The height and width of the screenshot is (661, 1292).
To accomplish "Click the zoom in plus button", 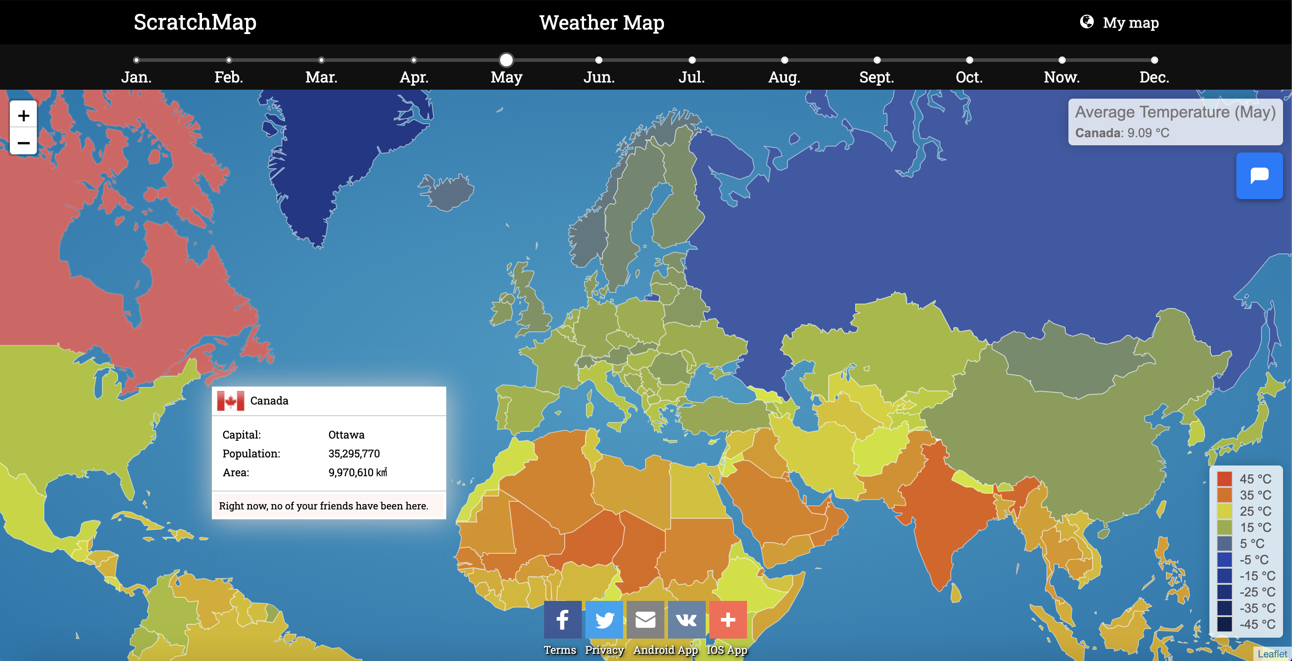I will (23, 116).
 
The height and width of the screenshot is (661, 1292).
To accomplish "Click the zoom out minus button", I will (23, 143).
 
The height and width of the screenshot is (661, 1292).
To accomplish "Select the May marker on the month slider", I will (506, 60).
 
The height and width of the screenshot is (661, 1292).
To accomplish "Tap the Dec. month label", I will (1154, 77).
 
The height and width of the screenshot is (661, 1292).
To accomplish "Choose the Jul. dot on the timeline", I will (692, 60).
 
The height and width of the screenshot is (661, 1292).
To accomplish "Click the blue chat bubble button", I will (1259, 176).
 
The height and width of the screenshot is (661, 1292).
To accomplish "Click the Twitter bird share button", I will (604, 619).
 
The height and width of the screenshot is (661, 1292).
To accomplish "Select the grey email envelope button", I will (646, 619).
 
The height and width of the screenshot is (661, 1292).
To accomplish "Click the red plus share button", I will (728, 619).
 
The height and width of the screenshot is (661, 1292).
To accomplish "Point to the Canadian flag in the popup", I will (231, 401).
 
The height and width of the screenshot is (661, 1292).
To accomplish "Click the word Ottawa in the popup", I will (346, 435).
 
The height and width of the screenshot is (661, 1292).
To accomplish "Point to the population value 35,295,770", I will (354, 453).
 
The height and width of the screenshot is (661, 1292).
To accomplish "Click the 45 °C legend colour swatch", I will (1224, 479).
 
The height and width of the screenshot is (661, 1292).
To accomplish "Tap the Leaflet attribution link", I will (1272, 654).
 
